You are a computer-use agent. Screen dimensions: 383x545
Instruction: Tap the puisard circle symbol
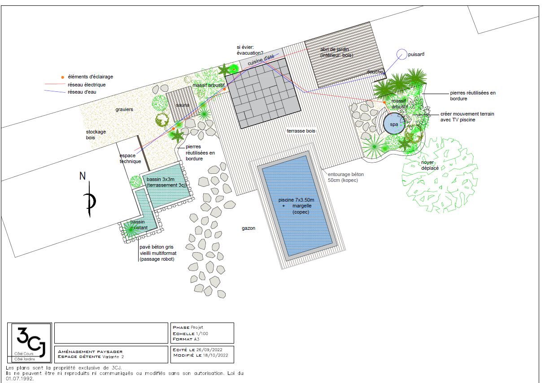[x=401, y=54]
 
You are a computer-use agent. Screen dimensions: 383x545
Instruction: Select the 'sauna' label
[x=183, y=105]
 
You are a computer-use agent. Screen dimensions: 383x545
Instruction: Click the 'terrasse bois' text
[x=301, y=131]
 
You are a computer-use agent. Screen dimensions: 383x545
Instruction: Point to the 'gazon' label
[x=249, y=228]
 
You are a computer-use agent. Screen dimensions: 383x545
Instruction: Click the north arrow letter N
[x=83, y=176]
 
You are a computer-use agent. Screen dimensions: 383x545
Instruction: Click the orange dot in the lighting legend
[x=63, y=77]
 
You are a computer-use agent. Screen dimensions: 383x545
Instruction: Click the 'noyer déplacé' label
[x=430, y=168]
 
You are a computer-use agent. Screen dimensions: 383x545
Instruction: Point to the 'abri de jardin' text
[x=335, y=49]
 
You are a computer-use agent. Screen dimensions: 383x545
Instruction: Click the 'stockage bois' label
[x=96, y=135]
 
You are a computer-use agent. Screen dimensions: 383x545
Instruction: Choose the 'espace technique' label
[x=130, y=158]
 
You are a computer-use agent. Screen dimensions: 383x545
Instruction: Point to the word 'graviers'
[x=124, y=109]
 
